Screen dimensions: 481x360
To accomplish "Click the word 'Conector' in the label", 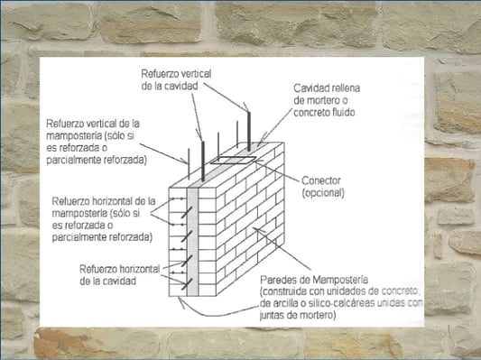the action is [x=321, y=180].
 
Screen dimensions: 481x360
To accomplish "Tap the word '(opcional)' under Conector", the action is [x=323, y=193].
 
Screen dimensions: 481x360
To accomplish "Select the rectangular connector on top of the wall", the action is [x=233, y=160].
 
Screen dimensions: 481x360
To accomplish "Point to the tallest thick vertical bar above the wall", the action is [x=249, y=132].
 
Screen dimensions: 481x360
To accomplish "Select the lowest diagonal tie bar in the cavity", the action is [x=187, y=284].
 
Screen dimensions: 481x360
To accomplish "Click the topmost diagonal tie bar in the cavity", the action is [x=187, y=213].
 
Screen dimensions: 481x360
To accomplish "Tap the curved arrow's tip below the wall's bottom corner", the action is [x=180, y=299].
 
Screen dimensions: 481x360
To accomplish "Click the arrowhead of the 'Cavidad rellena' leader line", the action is [x=258, y=144].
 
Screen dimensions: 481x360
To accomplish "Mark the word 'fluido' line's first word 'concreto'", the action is [x=310, y=113].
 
